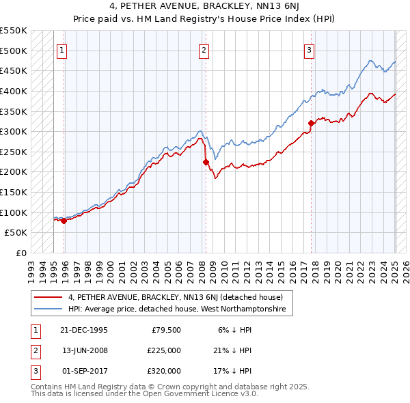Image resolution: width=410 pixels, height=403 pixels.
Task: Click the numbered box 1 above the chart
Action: [62, 49]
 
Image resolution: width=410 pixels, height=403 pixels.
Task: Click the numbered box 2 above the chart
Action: [204, 49]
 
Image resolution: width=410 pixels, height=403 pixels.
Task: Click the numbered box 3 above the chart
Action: [309, 49]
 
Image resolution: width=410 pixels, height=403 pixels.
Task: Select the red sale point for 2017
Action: [311, 123]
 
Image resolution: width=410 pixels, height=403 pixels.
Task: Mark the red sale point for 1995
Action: [64, 221]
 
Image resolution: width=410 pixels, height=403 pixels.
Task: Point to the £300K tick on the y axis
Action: [14, 131]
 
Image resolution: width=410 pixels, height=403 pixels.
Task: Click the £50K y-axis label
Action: [16, 233]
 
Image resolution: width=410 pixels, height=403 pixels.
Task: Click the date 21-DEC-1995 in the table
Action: [84, 330]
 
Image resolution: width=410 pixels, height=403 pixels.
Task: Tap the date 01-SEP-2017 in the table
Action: [83, 371]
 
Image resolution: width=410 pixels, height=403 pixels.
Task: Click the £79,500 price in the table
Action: [165, 330]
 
